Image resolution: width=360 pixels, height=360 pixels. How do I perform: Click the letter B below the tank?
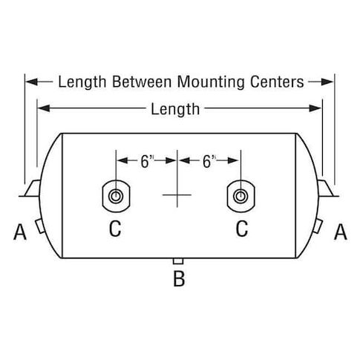[179, 279]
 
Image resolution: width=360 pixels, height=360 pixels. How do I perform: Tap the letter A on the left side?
[20, 232]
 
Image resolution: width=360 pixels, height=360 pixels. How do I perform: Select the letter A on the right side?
[341, 232]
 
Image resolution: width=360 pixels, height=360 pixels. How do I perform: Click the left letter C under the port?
[115, 229]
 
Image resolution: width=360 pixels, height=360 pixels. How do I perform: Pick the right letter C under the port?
[242, 229]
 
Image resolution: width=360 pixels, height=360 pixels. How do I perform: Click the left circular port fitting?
[116, 196]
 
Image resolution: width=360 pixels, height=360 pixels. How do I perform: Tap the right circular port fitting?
[240, 196]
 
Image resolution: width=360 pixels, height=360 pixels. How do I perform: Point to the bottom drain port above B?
[178, 261]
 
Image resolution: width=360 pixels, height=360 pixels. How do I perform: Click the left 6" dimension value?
[148, 162]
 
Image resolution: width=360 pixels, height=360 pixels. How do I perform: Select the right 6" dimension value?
[209, 162]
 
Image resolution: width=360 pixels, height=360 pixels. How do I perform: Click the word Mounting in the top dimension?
[211, 82]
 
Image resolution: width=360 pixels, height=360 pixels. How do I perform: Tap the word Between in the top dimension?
[142, 82]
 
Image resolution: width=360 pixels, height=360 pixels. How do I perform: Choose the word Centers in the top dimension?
[277, 82]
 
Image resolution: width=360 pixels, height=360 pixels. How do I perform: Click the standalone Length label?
[175, 109]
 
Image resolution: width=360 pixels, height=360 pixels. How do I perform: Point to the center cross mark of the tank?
[177, 195]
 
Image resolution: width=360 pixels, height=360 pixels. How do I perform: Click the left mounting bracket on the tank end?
[32, 189]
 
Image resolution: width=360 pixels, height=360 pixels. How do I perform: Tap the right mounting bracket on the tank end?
[327, 189]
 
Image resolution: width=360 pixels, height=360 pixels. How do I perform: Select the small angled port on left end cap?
[40, 226]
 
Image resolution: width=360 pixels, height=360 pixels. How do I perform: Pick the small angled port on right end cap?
[318, 226]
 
